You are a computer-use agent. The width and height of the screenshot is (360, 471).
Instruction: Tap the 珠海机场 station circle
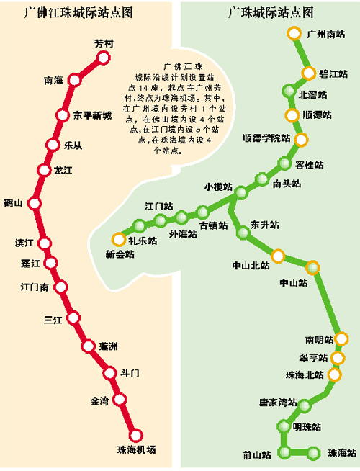135,435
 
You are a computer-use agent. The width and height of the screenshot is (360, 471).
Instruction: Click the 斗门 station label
130,372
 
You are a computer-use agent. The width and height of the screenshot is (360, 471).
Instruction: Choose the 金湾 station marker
120,399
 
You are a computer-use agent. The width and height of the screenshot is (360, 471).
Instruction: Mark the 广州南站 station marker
293,34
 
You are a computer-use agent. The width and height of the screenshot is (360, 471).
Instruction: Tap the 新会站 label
120,254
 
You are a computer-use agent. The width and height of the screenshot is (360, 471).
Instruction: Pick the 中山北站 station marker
278,254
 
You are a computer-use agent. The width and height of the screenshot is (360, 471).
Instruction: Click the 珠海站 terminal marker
314,452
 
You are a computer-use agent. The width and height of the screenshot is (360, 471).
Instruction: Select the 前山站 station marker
286,452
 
